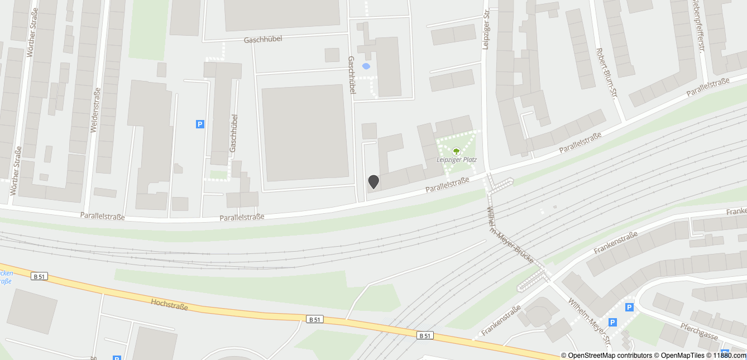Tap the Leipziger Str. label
[x=486, y=29]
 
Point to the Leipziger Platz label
[x=457, y=160]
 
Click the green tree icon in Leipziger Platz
[x=456, y=151]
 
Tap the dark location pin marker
[x=373, y=181]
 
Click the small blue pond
[x=366, y=66]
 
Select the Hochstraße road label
[x=169, y=304]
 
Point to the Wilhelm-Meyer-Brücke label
[x=510, y=234]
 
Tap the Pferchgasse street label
[x=698, y=330]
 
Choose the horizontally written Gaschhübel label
[x=263, y=40]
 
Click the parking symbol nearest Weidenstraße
[x=200, y=124]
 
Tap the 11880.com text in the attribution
[x=730, y=355]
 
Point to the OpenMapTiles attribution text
[x=682, y=355]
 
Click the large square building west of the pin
[x=304, y=132]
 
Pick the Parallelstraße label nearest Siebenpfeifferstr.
[x=708, y=88]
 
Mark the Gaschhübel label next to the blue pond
[x=352, y=78]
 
